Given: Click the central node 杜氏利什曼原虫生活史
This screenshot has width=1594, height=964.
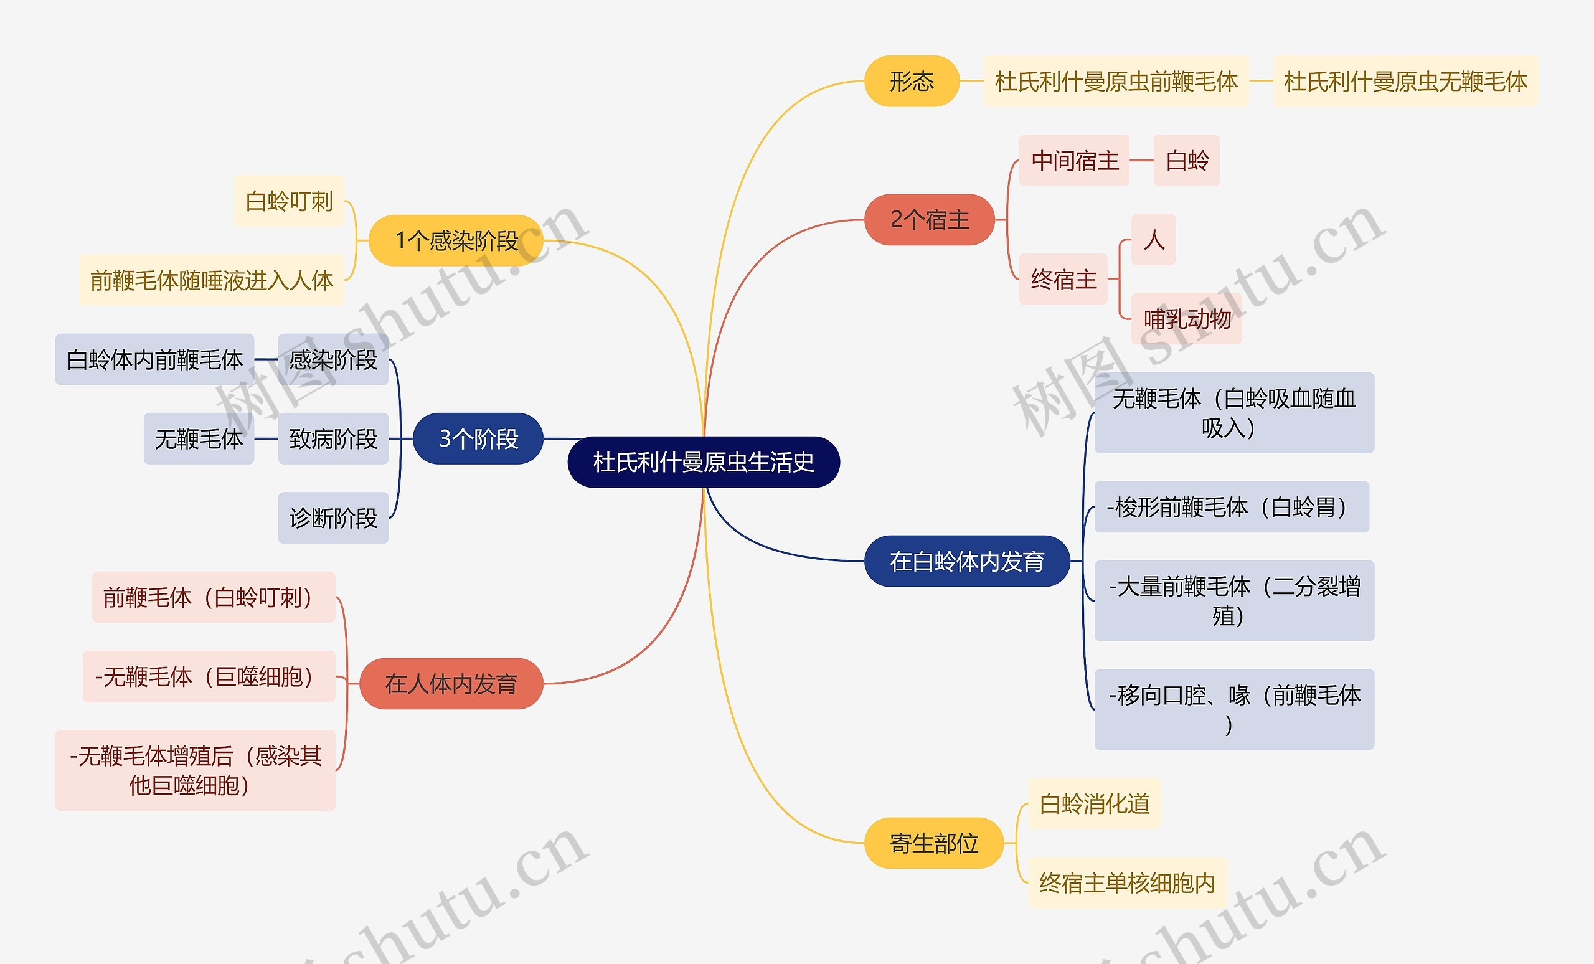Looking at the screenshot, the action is pyautogui.click(x=703, y=462).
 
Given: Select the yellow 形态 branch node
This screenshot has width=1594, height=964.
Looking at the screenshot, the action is pyautogui.click(x=912, y=82).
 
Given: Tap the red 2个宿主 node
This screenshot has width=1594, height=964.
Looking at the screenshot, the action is pyautogui.click(x=929, y=220).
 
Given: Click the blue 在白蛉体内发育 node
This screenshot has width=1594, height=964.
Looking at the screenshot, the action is pyautogui.click(x=966, y=561).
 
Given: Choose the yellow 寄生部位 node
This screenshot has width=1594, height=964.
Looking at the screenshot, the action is pyautogui.click(x=933, y=843).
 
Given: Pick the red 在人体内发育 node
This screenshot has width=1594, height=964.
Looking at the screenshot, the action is pyautogui.click(x=451, y=683).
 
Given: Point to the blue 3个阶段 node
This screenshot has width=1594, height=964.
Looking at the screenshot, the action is pyautogui.click(x=478, y=438).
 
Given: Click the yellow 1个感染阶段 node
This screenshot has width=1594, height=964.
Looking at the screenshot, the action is pyautogui.click(x=456, y=240).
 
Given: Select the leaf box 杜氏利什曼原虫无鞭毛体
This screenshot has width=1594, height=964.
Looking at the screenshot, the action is pyautogui.click(x=1405, y=82).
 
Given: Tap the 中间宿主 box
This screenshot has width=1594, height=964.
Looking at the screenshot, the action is pyautogui.click(x=1074, y=161).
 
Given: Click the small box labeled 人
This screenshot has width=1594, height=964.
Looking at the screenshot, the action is pyautogui.click(x=1153, y=239).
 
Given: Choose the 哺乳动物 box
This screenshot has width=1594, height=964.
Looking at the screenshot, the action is pyautogui.click(x=1186, y=318).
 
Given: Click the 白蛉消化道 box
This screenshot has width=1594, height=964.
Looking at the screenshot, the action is pyautogui.click(x=1094, y=803).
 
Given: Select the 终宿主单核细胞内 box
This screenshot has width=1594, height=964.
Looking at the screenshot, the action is pyautogui.click(x=1127, y=883).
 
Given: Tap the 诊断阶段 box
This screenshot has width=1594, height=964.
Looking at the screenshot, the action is pyautogui.click(x=333, y=518).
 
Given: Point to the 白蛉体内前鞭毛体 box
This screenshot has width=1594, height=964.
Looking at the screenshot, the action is pyautogui.click(x=154, y=360).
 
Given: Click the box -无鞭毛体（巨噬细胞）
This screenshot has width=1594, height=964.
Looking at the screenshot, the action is pyautogui.click(x=209, y=677).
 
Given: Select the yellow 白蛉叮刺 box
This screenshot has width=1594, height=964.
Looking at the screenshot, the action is pyautogui.click(x=288, y=201).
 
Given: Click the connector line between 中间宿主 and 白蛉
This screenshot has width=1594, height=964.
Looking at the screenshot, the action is pyautogui.click(x=1142, y=161).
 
